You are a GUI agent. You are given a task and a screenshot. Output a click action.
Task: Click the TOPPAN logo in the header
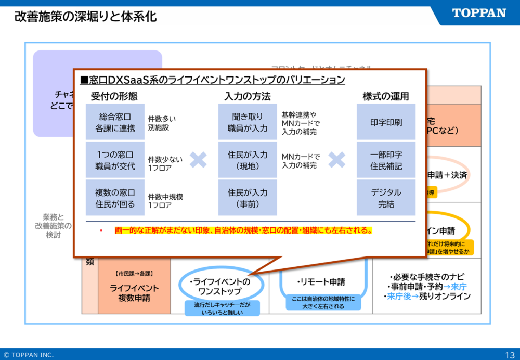[479, 13]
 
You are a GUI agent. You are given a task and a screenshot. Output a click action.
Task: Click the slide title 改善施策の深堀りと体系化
[85, 17]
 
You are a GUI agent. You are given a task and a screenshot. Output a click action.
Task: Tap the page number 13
[510, 355]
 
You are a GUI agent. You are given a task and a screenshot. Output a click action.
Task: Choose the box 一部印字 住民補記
[386, 160]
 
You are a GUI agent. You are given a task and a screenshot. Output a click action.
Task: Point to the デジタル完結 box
[386, 198]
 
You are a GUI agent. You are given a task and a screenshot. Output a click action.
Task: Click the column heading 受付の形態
[114, 96]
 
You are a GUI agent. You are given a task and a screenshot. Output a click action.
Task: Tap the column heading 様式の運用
[386, 96]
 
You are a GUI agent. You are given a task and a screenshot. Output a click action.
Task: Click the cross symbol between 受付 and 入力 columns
[198, 160]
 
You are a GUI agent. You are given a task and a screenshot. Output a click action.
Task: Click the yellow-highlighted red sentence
[243, 230]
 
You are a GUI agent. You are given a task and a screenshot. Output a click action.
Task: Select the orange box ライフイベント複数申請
[134, 292]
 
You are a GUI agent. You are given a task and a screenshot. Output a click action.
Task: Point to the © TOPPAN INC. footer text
[28, 355]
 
